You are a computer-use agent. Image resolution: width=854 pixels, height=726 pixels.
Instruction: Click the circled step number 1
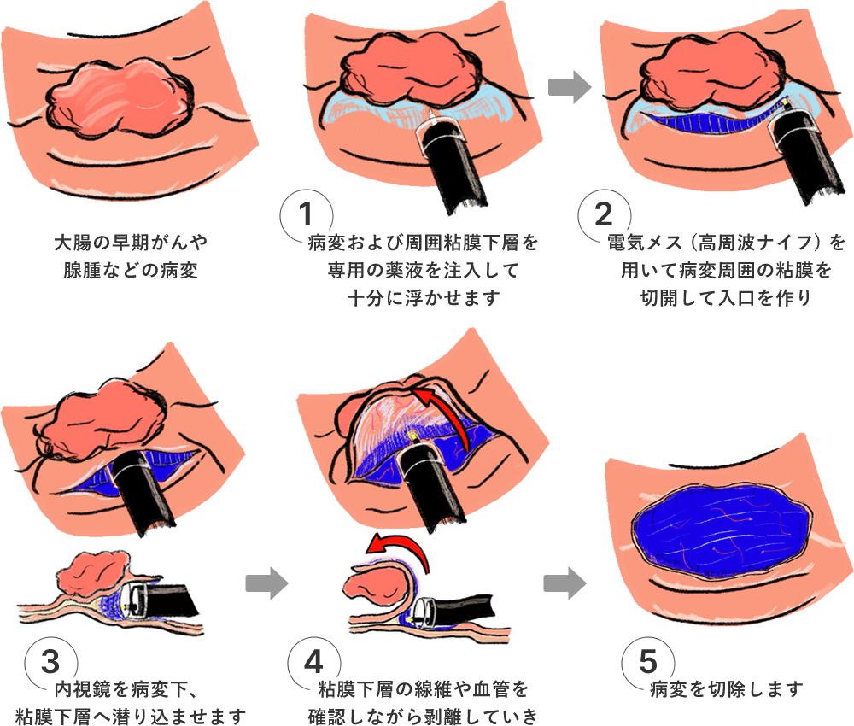coord(306,214)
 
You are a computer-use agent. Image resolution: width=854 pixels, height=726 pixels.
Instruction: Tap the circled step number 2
coord(604,214)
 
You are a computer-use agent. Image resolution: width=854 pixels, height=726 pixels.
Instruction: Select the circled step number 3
coord(50,662)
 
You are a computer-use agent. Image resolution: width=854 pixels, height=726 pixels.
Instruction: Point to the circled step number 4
coord(313,662)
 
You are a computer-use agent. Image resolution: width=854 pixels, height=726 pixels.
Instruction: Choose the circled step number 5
coord(648,662)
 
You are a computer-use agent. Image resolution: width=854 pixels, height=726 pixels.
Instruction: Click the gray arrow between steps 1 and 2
coord(569,86)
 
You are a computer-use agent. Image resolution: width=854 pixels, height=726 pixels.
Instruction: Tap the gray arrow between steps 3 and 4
coord(266,583)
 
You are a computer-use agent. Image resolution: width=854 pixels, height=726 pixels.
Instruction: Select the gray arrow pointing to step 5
coord(564,583)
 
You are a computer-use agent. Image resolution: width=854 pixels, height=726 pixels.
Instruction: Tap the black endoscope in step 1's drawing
coord(449,163)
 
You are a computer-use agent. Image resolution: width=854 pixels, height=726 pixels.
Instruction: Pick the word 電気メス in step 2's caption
coord(645,243)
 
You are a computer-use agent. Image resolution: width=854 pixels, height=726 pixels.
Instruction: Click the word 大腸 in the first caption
coord(73,243)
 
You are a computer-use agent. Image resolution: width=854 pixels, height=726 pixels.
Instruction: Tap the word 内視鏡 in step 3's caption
coord(82,690)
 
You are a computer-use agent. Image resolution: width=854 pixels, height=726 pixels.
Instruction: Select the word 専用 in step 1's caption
coord(346,270)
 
